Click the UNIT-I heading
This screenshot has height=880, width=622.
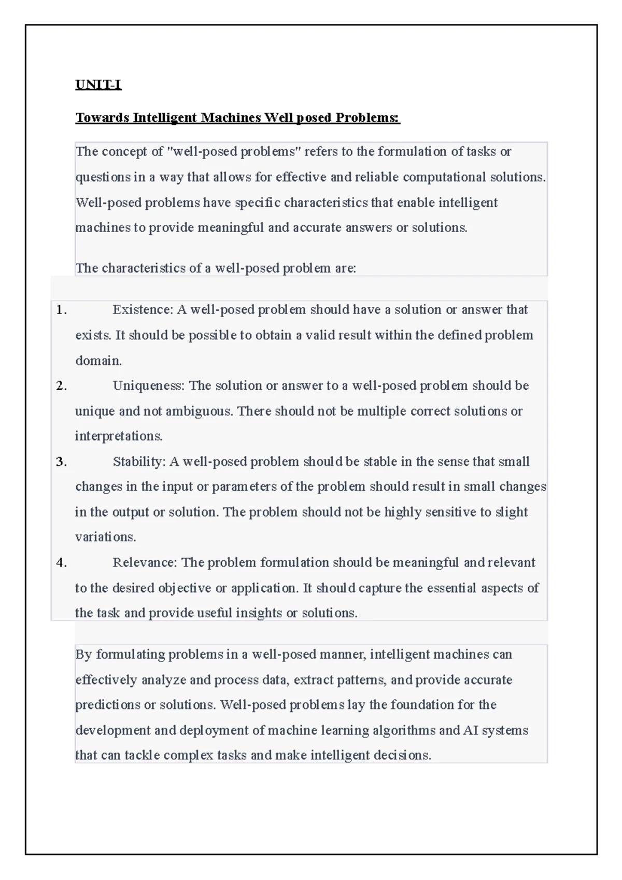tap(98, 84)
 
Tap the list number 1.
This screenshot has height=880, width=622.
tap(61, 310)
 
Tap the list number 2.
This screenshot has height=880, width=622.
tap(61, 386)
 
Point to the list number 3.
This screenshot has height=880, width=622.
tap(61, 462)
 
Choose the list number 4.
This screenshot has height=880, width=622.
tap(61, 563)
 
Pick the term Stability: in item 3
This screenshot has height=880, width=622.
tap(139, 462)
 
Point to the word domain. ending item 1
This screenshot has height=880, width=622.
tap(98, 361)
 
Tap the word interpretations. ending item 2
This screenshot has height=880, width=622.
tap(119, 436)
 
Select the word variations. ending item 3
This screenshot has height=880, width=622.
tap(106, 537)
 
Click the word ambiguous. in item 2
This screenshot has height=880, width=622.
tap(200, 411)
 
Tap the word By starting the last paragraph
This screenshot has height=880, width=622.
tap(83, 655)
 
